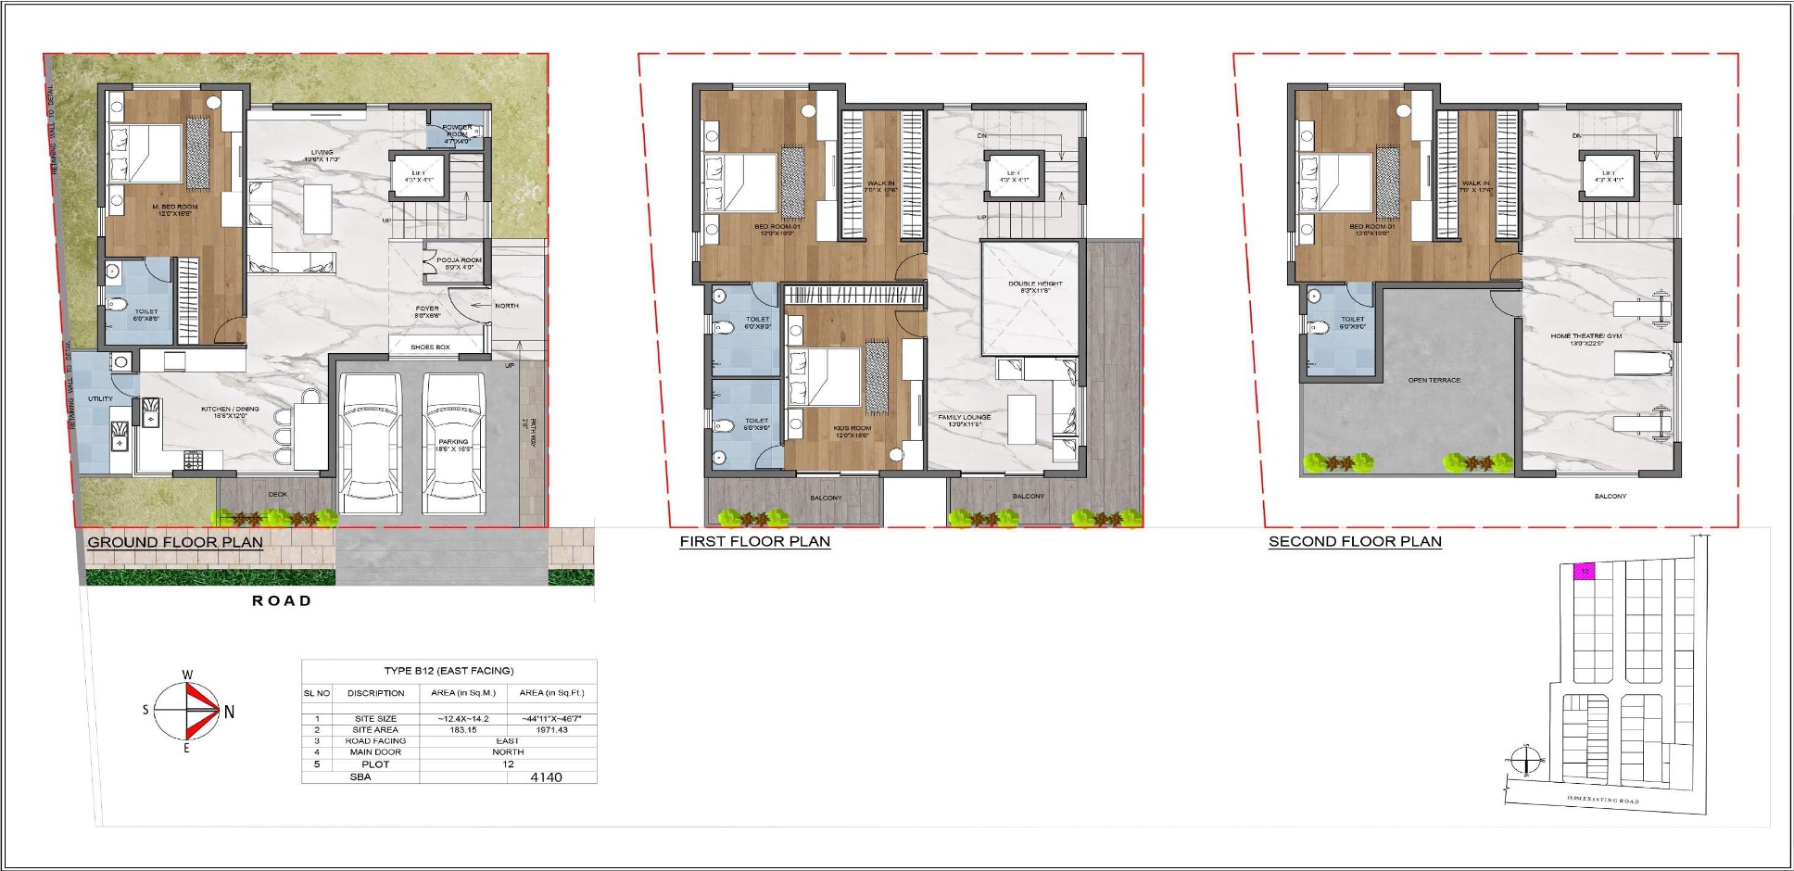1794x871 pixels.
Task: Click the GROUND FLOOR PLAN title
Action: click(175, 542)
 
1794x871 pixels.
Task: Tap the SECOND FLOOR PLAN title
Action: click(1355, 541)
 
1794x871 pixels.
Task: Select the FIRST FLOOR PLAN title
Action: click(754, 541)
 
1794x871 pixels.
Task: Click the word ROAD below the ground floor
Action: click(282, 600)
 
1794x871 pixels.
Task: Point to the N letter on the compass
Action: click(229, 712)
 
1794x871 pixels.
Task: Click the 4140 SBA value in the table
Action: click(546, 777)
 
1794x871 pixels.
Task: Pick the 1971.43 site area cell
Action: click(552, 730)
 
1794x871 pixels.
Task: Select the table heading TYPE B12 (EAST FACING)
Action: click(448, 671)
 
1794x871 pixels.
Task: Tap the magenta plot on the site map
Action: click(1586, 571)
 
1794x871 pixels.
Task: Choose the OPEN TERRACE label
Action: click(1434, 380)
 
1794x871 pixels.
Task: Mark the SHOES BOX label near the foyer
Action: click(430, 347)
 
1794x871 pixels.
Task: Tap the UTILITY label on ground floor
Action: click(100, 399)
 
